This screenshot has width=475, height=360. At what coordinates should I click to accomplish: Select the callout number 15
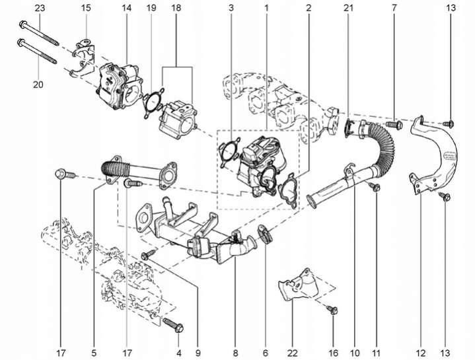pyautogui.click(x=86, y=8)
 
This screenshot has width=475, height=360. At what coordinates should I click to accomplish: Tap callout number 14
pyautogui.click(x=127, y=8)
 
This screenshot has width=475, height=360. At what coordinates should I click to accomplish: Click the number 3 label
pyautogui.click(x=231, y=8)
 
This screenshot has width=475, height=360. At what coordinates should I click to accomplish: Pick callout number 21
pyautogui.click(x=348, y=8)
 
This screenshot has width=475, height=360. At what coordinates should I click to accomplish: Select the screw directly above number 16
pyautogui.click(x=332, y=308)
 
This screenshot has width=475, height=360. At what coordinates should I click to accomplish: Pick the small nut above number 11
pyautogui.click(x=375, y=189)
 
